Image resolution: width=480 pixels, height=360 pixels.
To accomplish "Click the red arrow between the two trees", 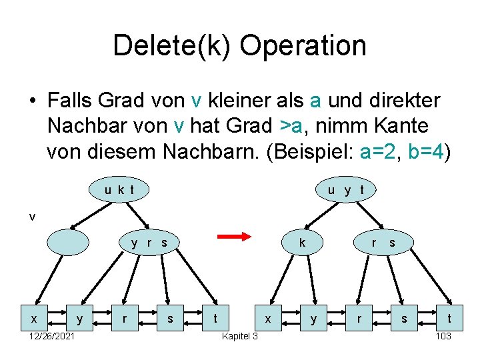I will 233,236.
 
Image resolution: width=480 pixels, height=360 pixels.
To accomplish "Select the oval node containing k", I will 303,242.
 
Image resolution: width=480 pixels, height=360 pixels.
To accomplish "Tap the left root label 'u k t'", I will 119,190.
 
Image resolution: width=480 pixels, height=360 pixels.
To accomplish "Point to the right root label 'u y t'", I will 345,190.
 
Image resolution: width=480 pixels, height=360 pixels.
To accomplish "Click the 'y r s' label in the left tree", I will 149,243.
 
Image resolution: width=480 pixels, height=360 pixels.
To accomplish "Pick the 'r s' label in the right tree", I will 383,243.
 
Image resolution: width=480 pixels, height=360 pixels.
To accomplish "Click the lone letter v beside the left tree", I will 32,216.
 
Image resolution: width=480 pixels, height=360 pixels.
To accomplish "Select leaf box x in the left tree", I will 33,319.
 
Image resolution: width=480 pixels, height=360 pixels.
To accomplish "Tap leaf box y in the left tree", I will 79,319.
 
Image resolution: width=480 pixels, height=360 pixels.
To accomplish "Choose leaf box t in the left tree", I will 214,319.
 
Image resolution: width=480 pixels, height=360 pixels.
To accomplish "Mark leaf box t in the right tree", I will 449,319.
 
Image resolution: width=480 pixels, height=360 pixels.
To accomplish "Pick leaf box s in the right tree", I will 404,319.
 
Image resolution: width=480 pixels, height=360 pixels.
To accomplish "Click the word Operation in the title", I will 303,46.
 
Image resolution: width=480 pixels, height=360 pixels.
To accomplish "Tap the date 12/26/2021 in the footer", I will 52,336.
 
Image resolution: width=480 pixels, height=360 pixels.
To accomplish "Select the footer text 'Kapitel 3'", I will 239,336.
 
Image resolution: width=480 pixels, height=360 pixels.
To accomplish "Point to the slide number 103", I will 443,336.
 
